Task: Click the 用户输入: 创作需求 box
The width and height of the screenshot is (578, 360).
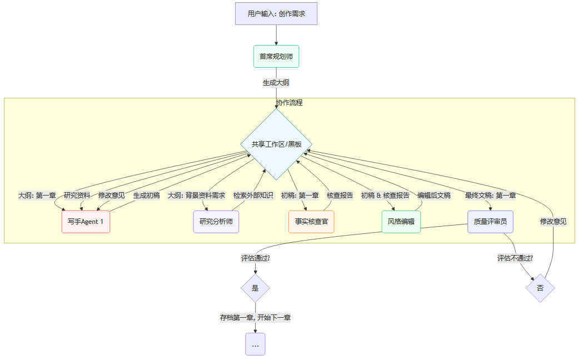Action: pyautogui.click(x=276, y=13)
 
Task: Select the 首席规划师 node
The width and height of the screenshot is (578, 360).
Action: pyautogui.click(x=276, y=56)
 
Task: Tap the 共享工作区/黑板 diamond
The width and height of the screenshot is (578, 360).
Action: pyautogui.click(x=276, y=144)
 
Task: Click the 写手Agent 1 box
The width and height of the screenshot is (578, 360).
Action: pyautogui.click(x=86, y=222)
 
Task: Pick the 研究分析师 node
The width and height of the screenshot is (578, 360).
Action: pyautogui.click(x=216, y=222)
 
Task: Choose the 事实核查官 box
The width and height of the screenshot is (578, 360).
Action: pyautogui.click(x=311, y=222)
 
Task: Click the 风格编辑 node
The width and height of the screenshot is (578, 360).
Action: pyautogui.click(x=401, y=222)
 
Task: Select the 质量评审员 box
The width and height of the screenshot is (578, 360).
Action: pyautogui.click(x=490, y=222)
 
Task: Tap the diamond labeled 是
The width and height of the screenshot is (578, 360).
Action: pyautogui.click(x=255, y=288)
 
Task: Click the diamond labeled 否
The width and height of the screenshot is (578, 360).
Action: pyautogui.click(x=540, y=288)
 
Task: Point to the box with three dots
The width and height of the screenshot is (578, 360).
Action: pyautogui.click(x=255, y=344)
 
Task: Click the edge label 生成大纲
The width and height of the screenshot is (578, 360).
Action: pyautogui.click(x=276, y=83)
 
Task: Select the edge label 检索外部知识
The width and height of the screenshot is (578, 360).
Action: pyautogui.click(x=253, y=196)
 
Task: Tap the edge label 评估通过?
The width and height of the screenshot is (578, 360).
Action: pyautogui.click(x=255, y=258)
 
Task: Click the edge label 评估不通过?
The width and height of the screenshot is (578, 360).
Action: pyautogui.click(x=515, y=258)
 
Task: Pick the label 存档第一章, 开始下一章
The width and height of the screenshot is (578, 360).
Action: pyautogui.click(x=255, y=318)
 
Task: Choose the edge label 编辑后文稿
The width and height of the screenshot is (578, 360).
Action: pyautogui.click(x=434, y=196)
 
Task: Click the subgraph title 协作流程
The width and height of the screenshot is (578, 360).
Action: pyautogui.click(x=290, y=103)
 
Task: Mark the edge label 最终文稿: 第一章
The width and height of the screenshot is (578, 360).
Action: pyautogui.click(x=490, y=196)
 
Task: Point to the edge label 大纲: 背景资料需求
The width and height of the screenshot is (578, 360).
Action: pyautogui.click(x=196, y=196)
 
